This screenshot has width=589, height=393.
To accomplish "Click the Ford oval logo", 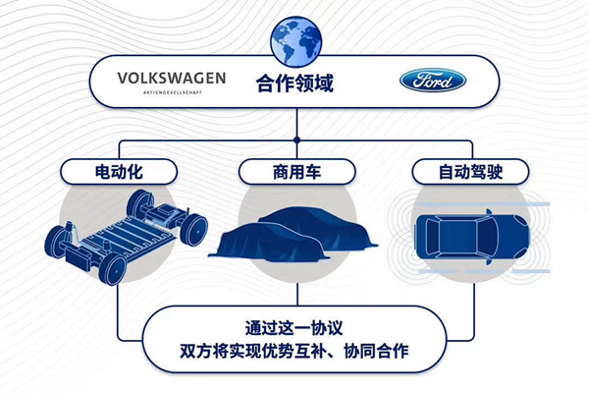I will coord(433,81).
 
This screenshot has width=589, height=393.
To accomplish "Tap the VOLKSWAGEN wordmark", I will coord(172,76).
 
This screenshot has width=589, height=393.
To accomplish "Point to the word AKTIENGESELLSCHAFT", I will coord(172,91).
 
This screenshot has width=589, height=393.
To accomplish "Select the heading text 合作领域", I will coord(294,83).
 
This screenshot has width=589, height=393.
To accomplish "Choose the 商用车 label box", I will coord(294,172).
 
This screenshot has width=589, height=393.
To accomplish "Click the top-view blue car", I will coord(472,232).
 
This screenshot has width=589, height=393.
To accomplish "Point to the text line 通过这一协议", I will coord(294,328).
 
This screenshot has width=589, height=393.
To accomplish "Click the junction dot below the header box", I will coord(294,131).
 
